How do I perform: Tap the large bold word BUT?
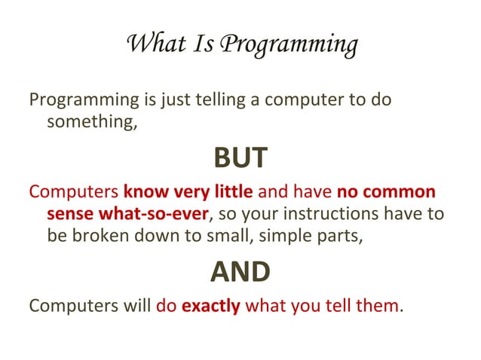click(x=240, y=157)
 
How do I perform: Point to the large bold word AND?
click(x=240, y=271)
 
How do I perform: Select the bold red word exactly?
click(x=211, y=307)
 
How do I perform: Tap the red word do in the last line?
click(x=166, y=307)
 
